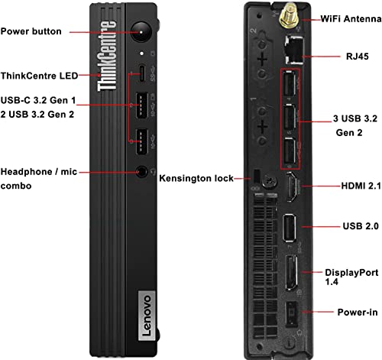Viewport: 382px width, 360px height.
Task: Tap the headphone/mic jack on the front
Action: (x=141, y=173)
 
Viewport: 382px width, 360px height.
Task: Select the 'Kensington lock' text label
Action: (x=196, y=178)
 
